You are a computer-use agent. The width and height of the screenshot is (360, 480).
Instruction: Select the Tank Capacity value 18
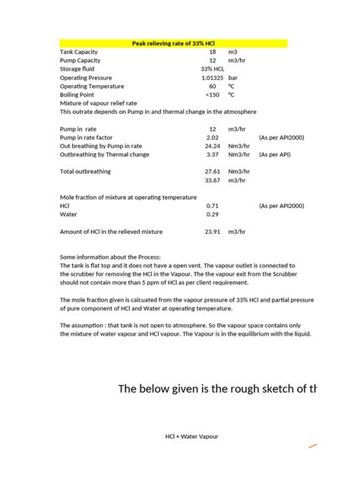[x=213, y=52]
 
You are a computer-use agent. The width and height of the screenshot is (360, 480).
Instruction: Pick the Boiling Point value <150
[x=212, y=95]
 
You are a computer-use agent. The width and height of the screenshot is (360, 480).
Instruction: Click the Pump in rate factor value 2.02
[x=213, y=138]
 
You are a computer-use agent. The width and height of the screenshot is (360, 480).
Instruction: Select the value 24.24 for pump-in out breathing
[x=212, y=147]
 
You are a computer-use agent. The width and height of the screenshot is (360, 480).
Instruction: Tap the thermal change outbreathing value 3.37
[x=213, y=155]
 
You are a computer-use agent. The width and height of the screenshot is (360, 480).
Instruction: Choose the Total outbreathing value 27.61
[x=212, y=172]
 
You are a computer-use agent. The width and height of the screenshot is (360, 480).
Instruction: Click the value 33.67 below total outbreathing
[x=212, y=181]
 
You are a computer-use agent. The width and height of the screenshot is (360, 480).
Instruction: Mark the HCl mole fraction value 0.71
[x=213, y=206]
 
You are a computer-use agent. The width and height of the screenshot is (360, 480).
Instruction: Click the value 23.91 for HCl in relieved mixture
[x=212, y=231]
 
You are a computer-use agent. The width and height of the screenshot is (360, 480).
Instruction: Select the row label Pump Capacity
[x=80, y=60]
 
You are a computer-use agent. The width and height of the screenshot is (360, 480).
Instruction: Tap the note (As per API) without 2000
[x=274, y=155]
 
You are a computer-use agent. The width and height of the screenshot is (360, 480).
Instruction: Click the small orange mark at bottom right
[x=312, y=446]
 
